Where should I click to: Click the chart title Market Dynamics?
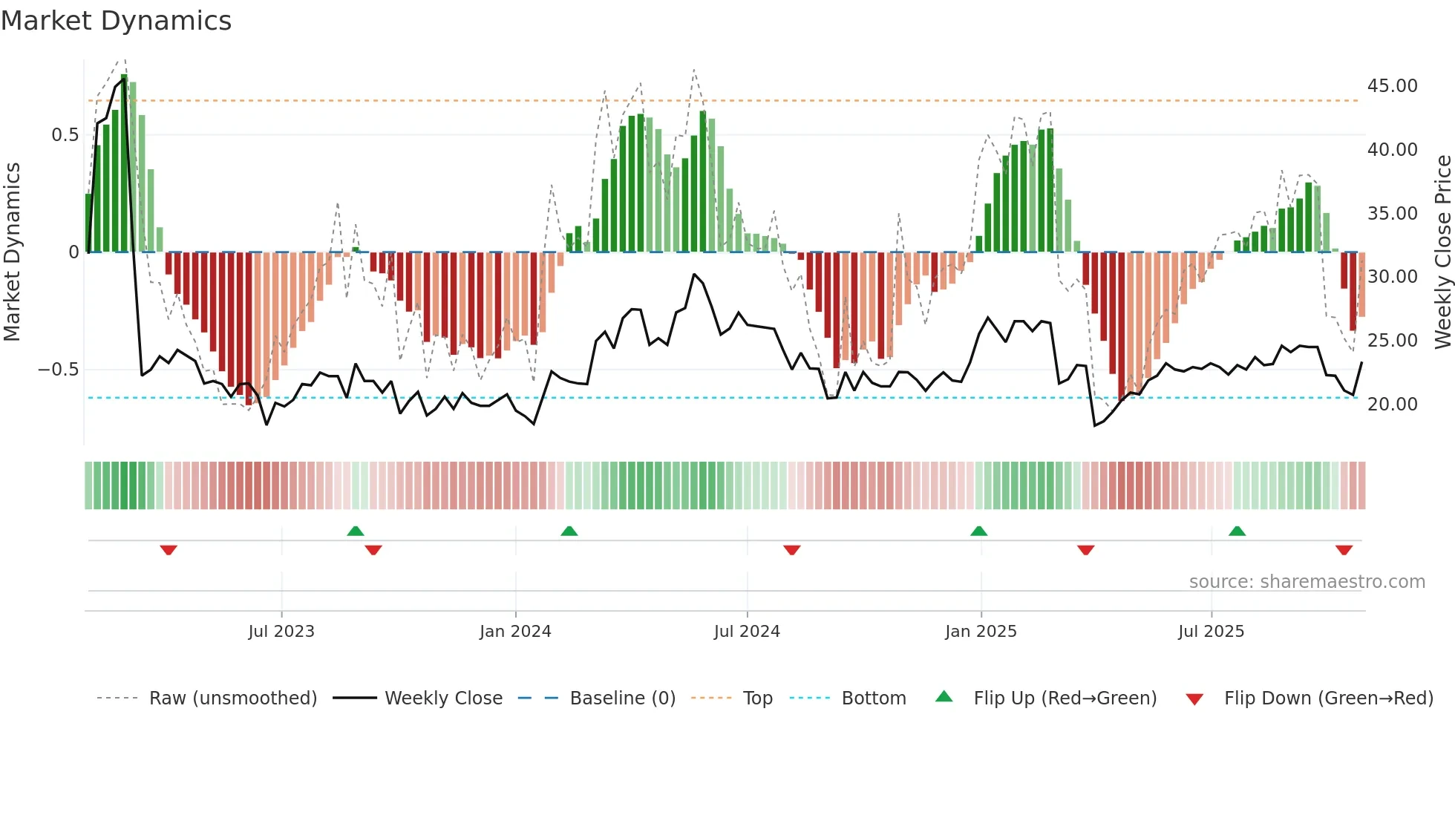tap(116, 21)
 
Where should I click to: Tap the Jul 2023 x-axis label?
tap(281, 632)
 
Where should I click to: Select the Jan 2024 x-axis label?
tap(515, 632)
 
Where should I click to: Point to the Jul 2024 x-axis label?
tap(747, 632)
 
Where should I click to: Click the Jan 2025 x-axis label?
tap(981, 632)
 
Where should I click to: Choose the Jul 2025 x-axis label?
tap(1211, 632)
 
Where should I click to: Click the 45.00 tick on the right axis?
tap(1392, 86)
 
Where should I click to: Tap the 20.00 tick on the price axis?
tap(1392, 405)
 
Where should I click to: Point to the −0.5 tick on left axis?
tap(59, 370)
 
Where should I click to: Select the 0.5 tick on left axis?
tap(65, 135)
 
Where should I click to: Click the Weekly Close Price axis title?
tap(1442, 252)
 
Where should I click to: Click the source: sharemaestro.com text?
tap(1307, 582)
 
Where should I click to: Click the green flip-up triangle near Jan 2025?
tap(978, 531)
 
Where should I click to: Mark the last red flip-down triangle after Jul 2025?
tap(1344, 550)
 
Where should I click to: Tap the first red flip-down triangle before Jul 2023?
tap(169, 550)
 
